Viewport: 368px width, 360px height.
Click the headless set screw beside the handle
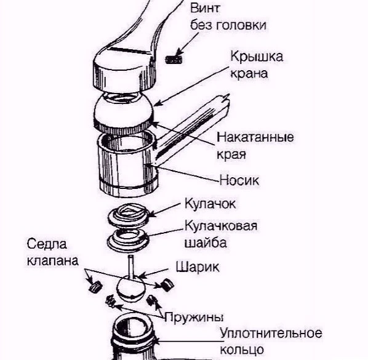pos(174,60)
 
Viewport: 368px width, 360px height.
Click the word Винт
pos(205,8)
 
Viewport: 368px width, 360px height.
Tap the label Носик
pos(239,180)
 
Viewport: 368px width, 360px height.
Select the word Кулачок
pos(210,203)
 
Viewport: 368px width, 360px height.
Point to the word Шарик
pos(198,267)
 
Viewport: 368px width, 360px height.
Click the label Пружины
pos(194,318)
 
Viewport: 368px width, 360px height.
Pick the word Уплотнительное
pos(271,334)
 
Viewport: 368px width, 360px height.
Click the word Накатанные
pos(255,137)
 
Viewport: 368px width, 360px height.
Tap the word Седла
pos(47,244)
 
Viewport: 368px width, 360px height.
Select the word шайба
pos(206,242)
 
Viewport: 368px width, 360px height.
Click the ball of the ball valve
pos(130,289)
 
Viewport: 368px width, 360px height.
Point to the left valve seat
pos(95,286)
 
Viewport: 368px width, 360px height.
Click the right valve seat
pos(167,284)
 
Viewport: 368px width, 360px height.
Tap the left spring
pos(110,301)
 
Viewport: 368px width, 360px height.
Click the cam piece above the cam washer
pos(129,215)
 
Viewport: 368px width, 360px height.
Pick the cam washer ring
pos(128,240)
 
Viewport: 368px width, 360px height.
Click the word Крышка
pos(257,57)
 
